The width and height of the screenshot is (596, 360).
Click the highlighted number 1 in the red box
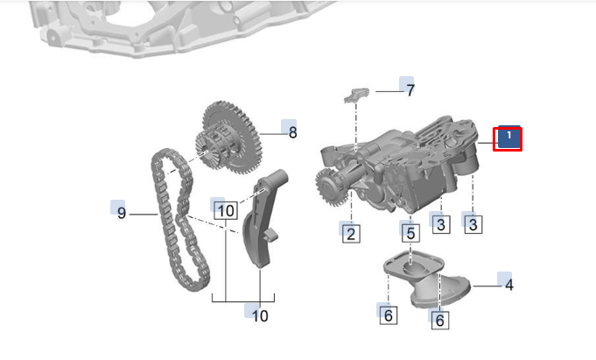(508, 138)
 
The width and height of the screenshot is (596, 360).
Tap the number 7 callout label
(409, 89)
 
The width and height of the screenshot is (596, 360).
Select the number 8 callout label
(292, 133)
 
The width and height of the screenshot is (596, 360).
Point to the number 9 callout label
(122, 213)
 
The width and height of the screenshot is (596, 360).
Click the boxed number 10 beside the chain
(225, 210)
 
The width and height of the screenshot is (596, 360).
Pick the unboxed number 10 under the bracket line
(260, 315)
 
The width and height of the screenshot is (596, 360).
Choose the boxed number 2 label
(351, 233)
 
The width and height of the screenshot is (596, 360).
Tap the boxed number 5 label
(410, 233)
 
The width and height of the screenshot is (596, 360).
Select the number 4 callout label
(508, 284)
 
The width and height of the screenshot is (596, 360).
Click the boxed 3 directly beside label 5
(441, 225)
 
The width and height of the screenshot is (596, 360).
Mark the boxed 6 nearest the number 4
(439, 321)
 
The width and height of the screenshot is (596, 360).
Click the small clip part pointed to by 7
(358, 95)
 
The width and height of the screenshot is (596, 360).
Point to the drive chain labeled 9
(175, 219)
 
